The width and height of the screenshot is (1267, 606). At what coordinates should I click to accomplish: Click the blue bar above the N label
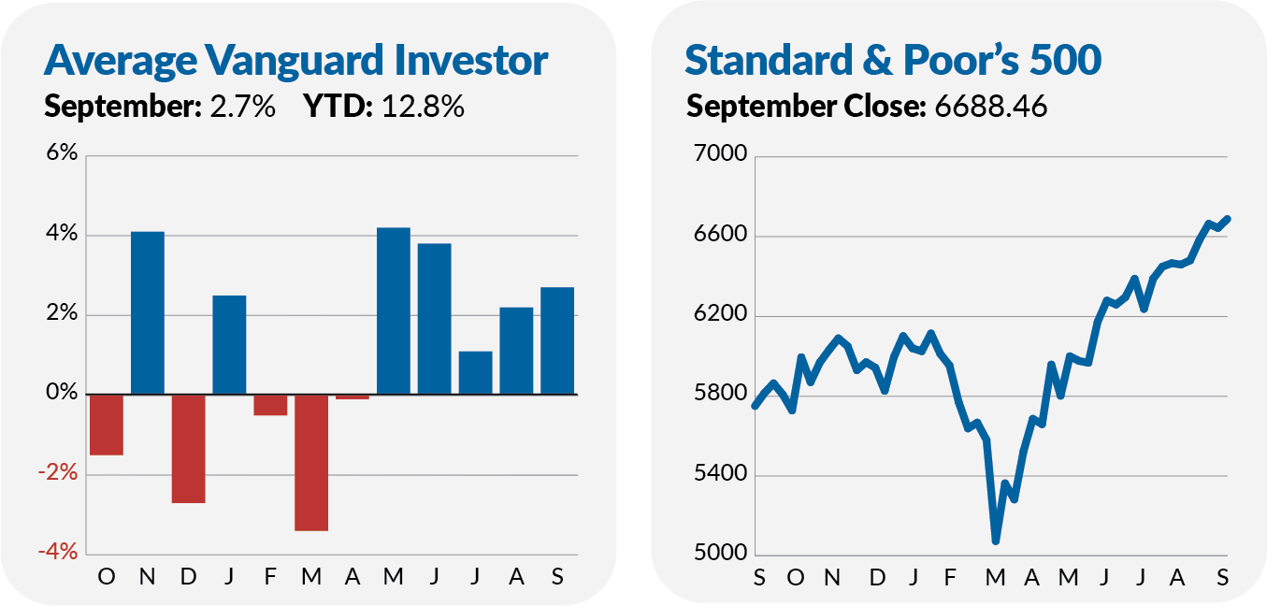[148, 312]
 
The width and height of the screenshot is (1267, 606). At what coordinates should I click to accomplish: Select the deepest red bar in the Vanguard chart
[311, 462]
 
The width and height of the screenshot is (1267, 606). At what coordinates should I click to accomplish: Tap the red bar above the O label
[107, 425]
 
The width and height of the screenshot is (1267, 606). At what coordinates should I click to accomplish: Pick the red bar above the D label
[188, 449]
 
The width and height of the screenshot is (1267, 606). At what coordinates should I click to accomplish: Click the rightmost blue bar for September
[557, 340]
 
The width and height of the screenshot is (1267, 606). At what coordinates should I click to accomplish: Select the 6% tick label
[59, 155]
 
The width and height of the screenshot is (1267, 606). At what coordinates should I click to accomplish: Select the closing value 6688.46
[990, 107]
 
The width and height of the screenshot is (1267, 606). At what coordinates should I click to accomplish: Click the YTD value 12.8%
[421, 107]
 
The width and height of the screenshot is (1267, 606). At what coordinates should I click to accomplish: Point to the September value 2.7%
[242, 107]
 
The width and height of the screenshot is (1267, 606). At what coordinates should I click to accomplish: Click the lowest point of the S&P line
[996, 541]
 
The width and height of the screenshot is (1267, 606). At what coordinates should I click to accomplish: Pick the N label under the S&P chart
[831, 577]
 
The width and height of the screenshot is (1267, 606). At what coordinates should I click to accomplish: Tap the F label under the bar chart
[270, 577]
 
